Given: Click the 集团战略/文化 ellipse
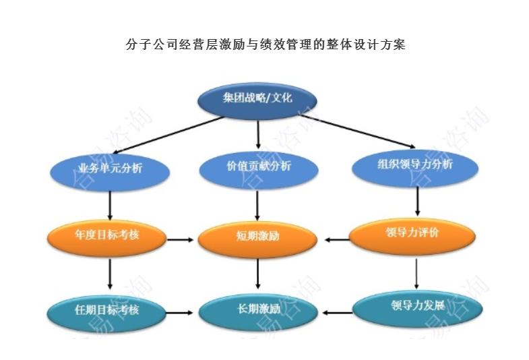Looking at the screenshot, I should [258, 98].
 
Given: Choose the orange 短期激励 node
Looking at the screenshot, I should [258, 237].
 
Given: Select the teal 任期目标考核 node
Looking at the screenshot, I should [107, 311].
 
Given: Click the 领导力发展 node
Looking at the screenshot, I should [417, 306].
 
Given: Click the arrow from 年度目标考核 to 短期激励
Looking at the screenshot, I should [179, 239].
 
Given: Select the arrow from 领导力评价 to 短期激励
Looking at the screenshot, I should [337, 239].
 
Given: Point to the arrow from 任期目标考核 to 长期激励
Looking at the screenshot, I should [179, 313].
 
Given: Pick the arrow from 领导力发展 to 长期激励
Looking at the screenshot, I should [338, 313].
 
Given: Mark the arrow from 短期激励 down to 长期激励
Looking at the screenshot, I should [258, 274].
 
